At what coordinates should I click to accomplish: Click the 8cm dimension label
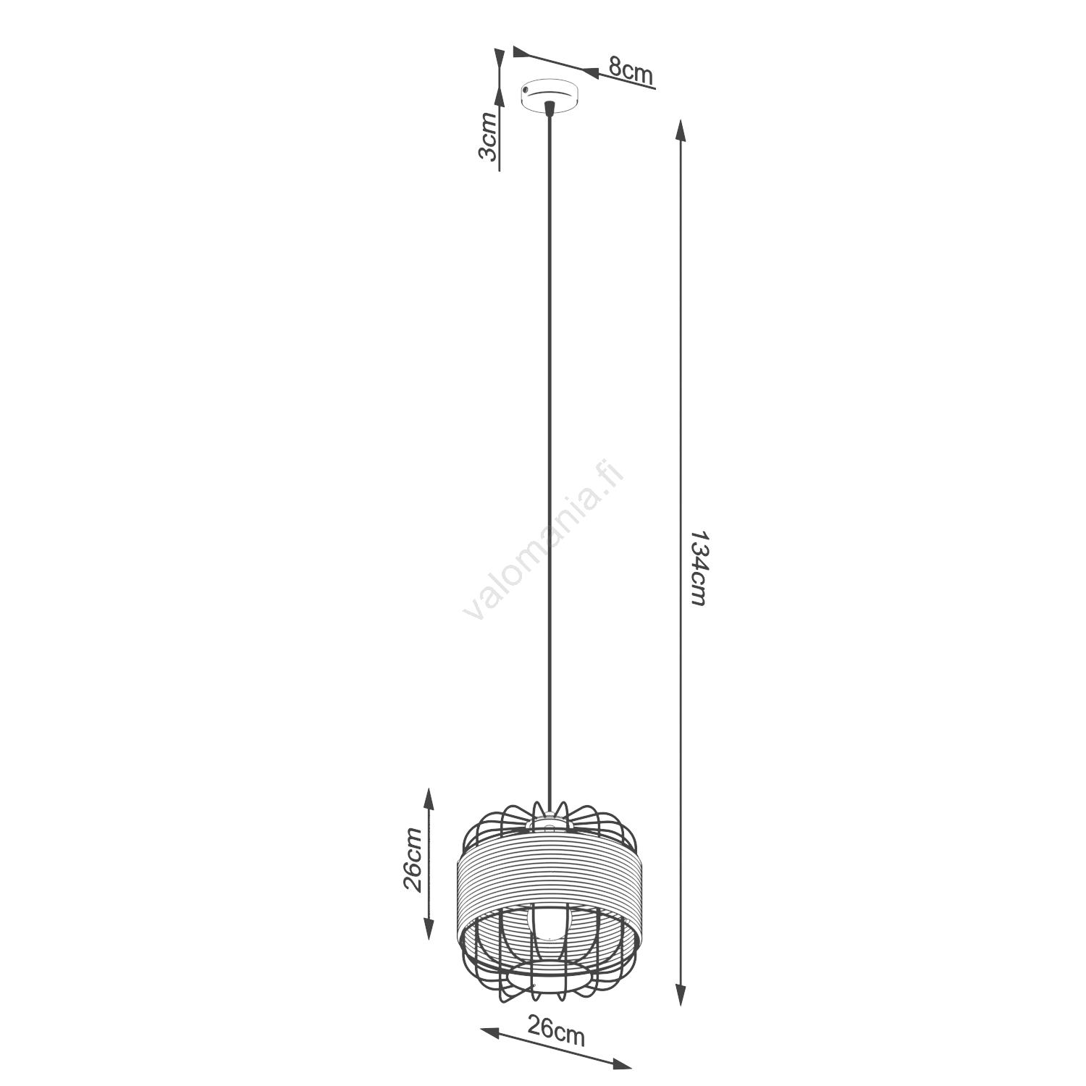click(631, 70)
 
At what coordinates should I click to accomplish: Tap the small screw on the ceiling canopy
click(525, 90)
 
